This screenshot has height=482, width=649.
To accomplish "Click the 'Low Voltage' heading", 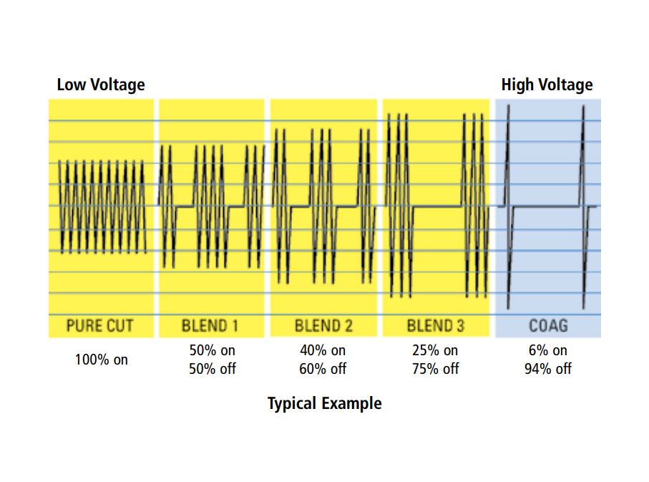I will [101, 85].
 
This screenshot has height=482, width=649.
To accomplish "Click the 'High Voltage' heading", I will [547, 85].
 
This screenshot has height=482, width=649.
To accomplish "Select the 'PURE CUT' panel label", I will [100, 326].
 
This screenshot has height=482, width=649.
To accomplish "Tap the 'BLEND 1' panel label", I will [210, 326].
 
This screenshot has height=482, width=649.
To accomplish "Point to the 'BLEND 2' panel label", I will [323, 326].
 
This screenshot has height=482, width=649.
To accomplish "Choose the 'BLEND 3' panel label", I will [435, 326].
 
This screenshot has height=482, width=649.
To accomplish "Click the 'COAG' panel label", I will [548, 326].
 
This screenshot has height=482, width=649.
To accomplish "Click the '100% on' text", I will [102, 360].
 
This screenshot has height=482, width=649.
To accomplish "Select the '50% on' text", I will [213, 351].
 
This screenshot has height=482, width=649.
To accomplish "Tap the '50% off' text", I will [213, 369].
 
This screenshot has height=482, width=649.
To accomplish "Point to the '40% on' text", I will [323, 351].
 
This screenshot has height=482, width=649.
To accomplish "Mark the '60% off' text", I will [323, 369].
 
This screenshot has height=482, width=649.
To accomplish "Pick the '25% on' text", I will [435, 351].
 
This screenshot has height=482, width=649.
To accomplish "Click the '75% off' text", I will [435, 369].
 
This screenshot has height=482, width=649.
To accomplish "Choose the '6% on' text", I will [548, 351].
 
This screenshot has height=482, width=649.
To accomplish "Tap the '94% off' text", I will [548, 369].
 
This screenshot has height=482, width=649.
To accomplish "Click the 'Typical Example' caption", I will [324, 403].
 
